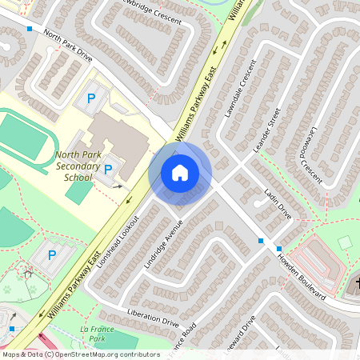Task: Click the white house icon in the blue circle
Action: coord(180,172)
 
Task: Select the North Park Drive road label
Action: coord(75,48)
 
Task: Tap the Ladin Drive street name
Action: coord(278,203)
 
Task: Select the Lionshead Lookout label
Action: coord(122,241)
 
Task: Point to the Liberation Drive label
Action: coord(152,316)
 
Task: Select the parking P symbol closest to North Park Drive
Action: coord(91,98)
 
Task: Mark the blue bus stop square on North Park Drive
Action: coord(30,29)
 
